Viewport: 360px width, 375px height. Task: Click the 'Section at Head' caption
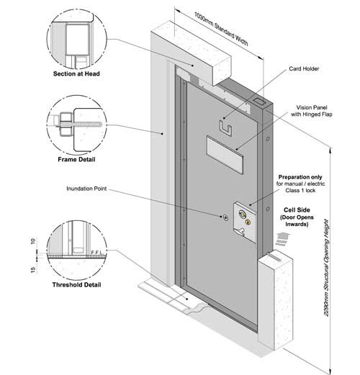pyautogui.click(x=76, y=73)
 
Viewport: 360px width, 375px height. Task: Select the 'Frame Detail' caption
pyautogui.click(x=76, y=159)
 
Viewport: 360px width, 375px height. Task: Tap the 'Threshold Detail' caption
pyautogui.click(x=76, y=285)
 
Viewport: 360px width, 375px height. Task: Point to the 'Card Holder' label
pyautogui.click(x=304, y=69)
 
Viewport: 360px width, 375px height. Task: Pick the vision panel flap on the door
pyautogui.click(x=225, y=154)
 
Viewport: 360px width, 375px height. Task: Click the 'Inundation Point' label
pyautogui.click(x=86, y=189)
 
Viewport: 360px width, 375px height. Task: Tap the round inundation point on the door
pyautogui.click(x=225, y=217)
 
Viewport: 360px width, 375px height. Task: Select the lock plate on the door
pyautogui.click(x=245, y=222)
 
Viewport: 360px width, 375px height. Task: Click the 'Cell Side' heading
pyautogui.click(x=297, y=210)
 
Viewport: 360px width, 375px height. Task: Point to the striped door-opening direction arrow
pyautogui.click(x=282, y=239)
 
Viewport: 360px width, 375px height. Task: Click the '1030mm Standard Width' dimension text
pyautogui.click(x=221, y=29)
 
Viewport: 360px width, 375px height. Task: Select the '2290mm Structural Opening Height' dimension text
pyautogui.click(x=326, y=268)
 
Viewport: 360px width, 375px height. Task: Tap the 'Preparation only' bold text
pyautogui.click(x=300, y=177)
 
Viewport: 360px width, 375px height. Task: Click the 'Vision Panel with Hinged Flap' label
pyautogui.click(x=312, y=111)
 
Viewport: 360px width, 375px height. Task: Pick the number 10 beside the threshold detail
pyautogui.click(x=33, y=241)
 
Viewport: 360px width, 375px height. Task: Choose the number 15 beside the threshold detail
pyautogui.click(x=33, y=270)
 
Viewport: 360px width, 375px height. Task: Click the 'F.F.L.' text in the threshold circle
pyautogui.click(x=96, y=253)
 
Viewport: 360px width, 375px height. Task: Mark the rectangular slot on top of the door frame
pyautogui.click(x=260, y=101)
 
